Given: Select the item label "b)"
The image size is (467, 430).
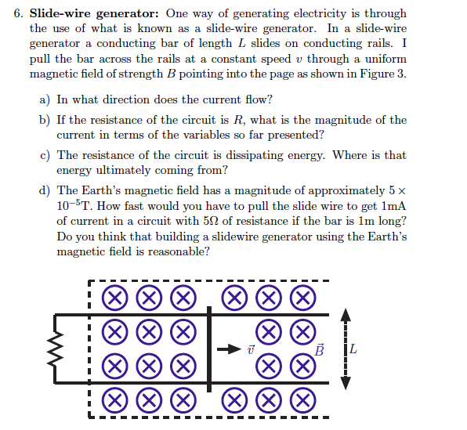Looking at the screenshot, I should click(45, 120).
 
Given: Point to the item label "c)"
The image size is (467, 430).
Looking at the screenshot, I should click(45, 155).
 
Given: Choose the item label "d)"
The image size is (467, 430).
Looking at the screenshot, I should click(45, 190).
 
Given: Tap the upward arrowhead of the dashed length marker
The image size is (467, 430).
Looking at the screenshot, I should click(342, 316).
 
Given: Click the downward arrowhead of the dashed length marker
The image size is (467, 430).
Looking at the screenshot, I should click(342, 381).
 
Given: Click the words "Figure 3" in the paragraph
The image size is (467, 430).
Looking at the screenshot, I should click(383, 74).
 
